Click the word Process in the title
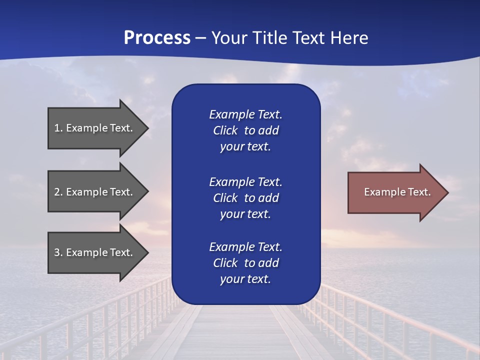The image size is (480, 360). coord(157,38)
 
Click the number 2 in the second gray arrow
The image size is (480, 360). coord(57,192)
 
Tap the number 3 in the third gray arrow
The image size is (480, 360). coord(57,252)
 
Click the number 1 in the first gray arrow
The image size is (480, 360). coord(57,128)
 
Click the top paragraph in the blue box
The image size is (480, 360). coord(245,130)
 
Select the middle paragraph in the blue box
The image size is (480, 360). coord(245,198)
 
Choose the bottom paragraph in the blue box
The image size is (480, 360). coord(245,263)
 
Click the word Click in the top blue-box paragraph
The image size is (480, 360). coord(225,130)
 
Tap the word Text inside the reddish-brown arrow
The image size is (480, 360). coord(419,192)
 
